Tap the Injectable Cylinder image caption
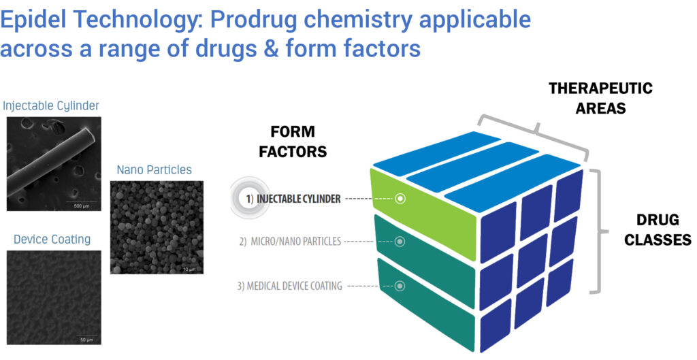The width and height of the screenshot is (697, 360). (51, 105)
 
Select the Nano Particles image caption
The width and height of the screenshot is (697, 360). (155, 169)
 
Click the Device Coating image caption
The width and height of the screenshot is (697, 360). (52, 240)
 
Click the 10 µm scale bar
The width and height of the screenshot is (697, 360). (189, 267)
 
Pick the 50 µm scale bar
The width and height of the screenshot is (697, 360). (86, 338)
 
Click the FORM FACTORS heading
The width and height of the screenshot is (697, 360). (293, 142)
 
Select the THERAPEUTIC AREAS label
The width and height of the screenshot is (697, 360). (600, 98)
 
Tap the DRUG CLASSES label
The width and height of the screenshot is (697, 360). (658, 230)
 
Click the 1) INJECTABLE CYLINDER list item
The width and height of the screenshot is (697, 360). (293, 199)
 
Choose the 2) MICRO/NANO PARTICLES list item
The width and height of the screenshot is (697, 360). (290, 242)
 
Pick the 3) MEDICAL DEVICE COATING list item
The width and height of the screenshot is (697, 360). (289, 286)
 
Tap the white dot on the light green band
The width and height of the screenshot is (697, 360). (400, 199)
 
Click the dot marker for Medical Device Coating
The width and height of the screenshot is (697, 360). (400, 286)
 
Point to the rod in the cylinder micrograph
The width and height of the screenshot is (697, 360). (52, 162)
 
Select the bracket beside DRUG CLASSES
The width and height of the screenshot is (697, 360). (599, 231)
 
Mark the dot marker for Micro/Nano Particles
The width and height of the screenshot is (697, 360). (400, 242)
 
